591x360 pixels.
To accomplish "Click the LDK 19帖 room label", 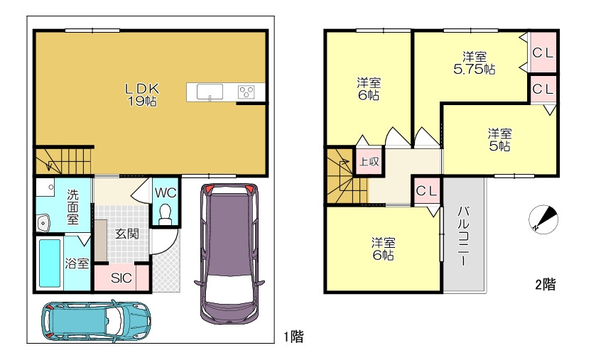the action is pos(142,95).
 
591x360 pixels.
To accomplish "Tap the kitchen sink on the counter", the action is pos(210,92).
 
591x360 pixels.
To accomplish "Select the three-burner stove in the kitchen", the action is pos(246,92).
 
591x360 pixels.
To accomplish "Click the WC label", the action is pos(166,193).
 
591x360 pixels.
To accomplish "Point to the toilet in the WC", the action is pos(165,214).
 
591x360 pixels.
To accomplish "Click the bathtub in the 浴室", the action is pos(50,263).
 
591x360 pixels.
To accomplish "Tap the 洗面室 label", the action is pos(72,207).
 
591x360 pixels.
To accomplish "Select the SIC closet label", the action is pos(121,278).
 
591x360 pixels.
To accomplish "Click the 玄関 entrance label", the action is pos(127,234).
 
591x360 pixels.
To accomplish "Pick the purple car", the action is pos(229,253).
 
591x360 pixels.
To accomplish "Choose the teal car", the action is pos(96,321).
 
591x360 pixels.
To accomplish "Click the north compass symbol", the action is pos(543,219).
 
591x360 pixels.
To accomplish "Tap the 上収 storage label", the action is pos(369,162).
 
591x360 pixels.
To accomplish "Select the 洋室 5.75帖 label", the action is pos(475,63).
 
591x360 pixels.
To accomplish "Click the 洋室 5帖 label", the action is pos(500,140).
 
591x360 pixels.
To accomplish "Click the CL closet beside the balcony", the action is pos(427,191).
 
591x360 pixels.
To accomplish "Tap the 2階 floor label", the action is pos(546,284).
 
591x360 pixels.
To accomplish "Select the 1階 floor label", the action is pos(293,337).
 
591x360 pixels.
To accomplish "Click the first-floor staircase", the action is pos(63,161).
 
